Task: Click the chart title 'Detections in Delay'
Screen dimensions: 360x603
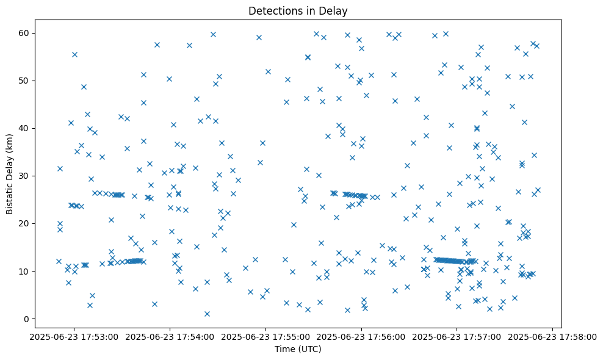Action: [298, 10]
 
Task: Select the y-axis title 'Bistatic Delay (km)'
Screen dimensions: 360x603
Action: [10, 174]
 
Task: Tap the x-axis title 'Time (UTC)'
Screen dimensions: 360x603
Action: [298, 350]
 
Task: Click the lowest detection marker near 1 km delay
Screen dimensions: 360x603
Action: [207, 314]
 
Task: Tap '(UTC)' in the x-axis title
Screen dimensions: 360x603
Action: [309, 350]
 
